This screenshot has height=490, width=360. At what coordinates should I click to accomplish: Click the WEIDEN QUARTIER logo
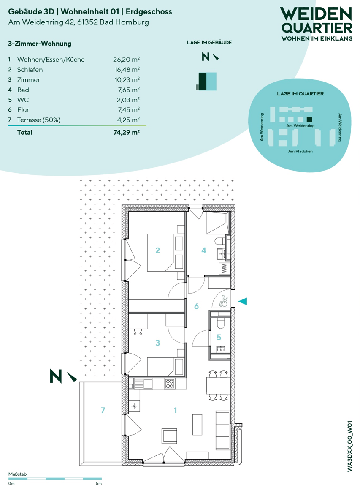317,24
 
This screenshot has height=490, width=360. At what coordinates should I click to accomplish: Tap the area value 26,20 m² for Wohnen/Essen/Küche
126,60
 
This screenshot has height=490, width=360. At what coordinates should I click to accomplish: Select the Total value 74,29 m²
126,132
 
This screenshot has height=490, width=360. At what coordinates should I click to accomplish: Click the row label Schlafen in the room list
30,70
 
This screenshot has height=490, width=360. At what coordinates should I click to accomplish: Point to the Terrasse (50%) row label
39,120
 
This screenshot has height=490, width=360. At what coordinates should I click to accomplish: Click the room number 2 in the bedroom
158,250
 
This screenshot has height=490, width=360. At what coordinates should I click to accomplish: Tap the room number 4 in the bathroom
204,250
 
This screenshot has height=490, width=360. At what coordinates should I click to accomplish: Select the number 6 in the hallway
196,306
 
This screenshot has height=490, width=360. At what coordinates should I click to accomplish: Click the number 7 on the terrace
103,410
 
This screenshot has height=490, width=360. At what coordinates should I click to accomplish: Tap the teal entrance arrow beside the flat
243,301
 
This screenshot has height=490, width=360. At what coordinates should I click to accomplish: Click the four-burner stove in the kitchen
170,384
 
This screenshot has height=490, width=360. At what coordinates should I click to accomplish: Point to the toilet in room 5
220,324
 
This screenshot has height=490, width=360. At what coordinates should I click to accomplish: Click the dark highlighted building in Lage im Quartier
309,119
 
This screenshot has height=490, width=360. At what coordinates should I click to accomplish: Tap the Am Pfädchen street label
300,151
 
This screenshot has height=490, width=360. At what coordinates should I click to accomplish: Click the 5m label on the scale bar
99,483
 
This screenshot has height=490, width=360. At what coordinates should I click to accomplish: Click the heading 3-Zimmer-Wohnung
40,44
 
